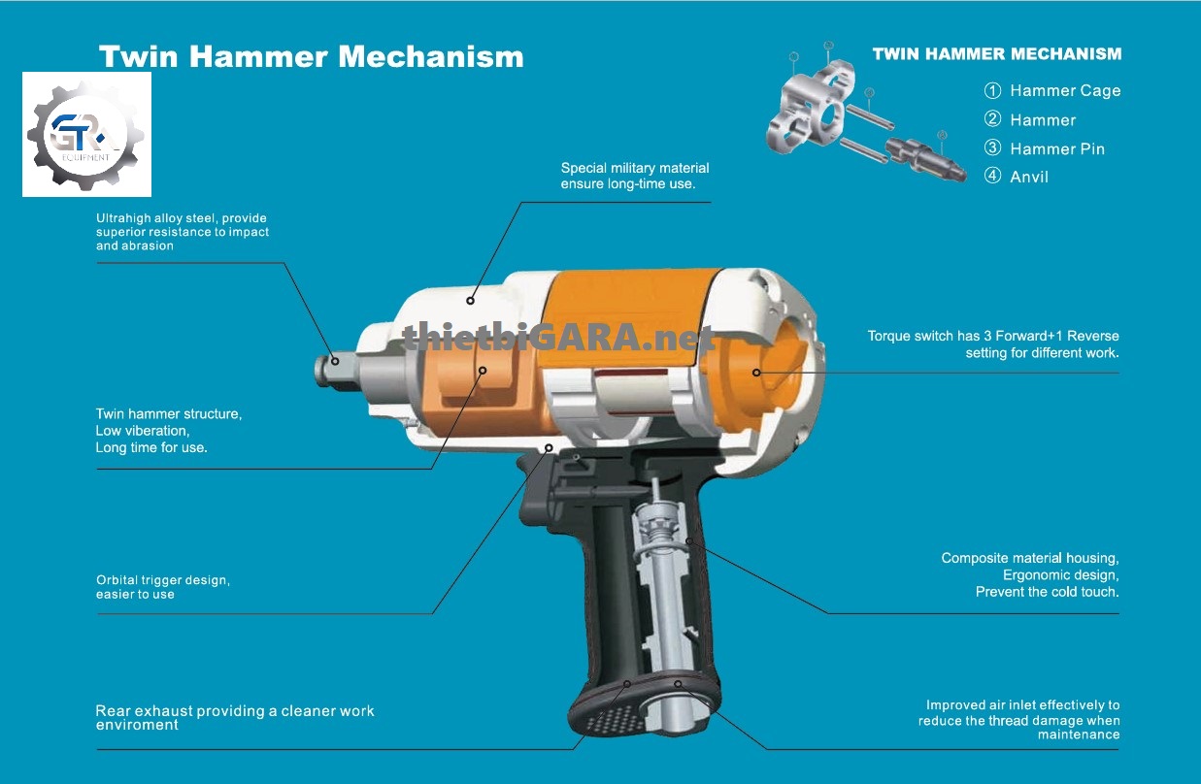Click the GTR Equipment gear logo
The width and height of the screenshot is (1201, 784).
click(x=86, y=135)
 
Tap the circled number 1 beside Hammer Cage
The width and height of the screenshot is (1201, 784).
click(x=992, y=90)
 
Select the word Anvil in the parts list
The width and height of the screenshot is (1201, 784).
click(x=1029, y=177)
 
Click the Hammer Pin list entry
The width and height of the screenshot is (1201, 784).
click(x=1045, y=148)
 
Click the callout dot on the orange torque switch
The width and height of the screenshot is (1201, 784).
click(x=756, y=373)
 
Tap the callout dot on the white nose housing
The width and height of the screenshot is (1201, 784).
click(x=470, y=301)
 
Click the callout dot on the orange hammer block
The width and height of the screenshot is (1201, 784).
click(x=483, y=371)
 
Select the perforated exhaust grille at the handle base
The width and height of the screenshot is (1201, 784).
click(x=616, y=718)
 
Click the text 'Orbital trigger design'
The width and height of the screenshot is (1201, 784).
click(x=163, y=580)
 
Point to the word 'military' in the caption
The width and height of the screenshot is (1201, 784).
click(x=632, y=168)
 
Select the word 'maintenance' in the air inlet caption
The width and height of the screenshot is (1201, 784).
click(x=1079, y=735)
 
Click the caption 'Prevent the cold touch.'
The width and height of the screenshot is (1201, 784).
click(x=1048, y=592)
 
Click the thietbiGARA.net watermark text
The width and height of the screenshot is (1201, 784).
click(x=557, y=338)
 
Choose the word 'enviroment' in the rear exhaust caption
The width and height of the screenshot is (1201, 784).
click(x=137, y=725)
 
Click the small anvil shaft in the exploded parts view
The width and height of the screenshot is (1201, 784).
click(x=925, y=159)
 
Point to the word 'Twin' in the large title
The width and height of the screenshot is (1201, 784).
click(x=138, y=56)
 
